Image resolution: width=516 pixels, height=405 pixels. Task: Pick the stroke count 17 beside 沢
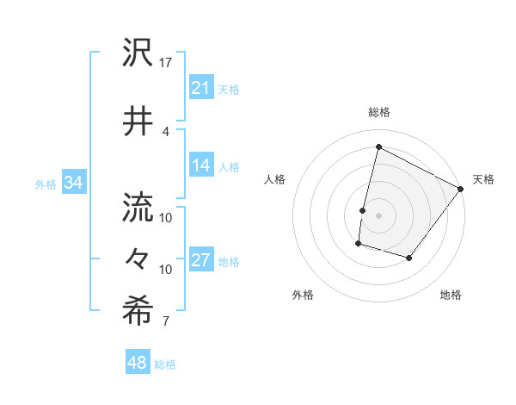[x=167, y=63]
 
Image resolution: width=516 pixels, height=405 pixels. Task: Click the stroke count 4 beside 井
[x=166, y=131]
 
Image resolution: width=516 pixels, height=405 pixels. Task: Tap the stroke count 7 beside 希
[x=166, y=322]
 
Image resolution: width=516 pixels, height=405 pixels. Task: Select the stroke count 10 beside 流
[x=167, y=217]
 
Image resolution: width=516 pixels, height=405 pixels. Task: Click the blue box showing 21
[x=201, y=88]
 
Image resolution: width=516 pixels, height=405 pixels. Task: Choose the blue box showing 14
[x=201, y=165]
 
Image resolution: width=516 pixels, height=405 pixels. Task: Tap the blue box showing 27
[x=201, y=261]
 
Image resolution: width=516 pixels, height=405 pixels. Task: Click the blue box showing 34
[x=74, y=183]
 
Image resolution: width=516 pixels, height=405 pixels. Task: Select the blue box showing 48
[x=138, y=363]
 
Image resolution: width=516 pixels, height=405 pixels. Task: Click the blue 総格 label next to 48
[x=165, y=364]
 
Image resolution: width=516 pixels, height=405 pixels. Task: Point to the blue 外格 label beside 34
[x=46, y=184]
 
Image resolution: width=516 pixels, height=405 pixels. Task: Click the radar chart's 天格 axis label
[x=483, y=179]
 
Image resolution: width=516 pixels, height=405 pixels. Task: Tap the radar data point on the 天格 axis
[x=462, y=190]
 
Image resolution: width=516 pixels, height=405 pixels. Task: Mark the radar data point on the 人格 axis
[x=363, y=210]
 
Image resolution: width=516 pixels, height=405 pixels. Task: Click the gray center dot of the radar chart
[x=378, y=215]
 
